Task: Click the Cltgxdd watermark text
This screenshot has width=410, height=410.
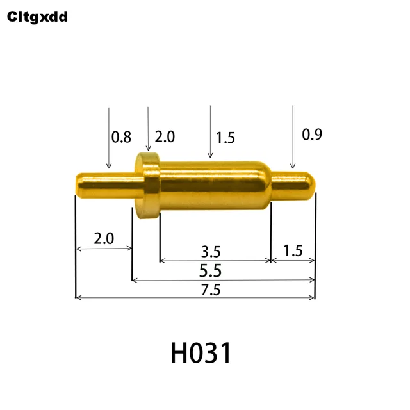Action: (37, 17)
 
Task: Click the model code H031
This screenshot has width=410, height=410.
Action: (201, 352)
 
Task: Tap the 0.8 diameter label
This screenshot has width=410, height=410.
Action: (121, 136)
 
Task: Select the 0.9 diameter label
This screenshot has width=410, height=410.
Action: (312, 135)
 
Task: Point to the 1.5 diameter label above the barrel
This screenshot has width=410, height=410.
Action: (225, 137)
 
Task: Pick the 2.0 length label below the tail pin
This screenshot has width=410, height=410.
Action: (104, 239)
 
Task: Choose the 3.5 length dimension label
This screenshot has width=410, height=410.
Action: (213, 250)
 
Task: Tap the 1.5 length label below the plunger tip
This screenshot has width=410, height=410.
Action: (292, 250)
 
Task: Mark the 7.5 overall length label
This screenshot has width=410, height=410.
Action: (210, 290)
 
